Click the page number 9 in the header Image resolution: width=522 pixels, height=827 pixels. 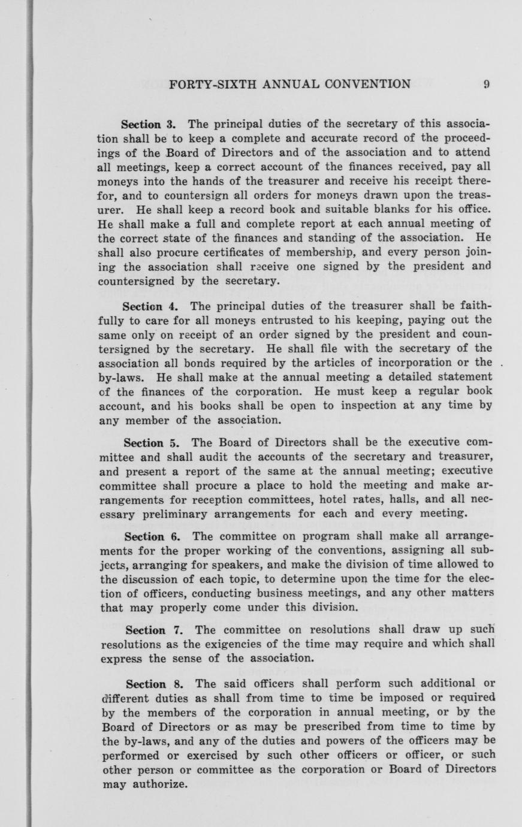pos(487,84)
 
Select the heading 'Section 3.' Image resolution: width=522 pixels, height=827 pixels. pos(148,125)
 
